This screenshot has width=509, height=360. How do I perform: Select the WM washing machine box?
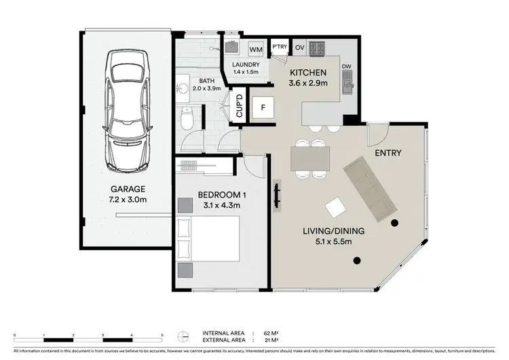tap(256, 50)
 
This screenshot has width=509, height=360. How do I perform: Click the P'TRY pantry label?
tap(279, 47)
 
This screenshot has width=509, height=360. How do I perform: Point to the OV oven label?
tap(299, 47)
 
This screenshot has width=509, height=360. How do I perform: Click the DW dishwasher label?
tap(346, 67)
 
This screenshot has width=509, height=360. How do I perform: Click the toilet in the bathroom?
tap(188, 120)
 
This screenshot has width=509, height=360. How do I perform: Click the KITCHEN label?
tap(309, 73)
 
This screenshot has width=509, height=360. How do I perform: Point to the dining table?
tap(310, 158)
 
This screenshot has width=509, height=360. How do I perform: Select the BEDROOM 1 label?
tap(222, 196)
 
